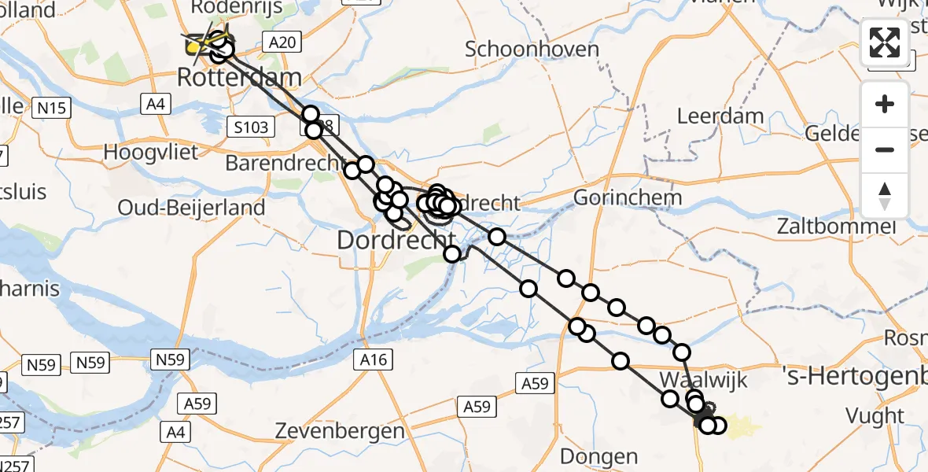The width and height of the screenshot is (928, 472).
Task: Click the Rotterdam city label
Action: click(239, 78)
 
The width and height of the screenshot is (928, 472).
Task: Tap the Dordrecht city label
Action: click(396, 239)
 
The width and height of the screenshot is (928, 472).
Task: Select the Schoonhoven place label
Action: click(532, 49)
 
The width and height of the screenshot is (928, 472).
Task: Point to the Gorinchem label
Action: click(626, 197)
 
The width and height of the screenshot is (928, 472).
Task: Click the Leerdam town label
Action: click(720, 116)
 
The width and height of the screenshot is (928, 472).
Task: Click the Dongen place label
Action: click(598, 455)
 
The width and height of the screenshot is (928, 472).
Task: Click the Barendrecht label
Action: click(285, 163)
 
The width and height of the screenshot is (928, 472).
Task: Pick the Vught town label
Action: click(874, 415)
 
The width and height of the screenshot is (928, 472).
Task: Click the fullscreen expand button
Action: click(885, 42)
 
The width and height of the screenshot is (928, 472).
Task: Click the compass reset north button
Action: click(885, 195)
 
